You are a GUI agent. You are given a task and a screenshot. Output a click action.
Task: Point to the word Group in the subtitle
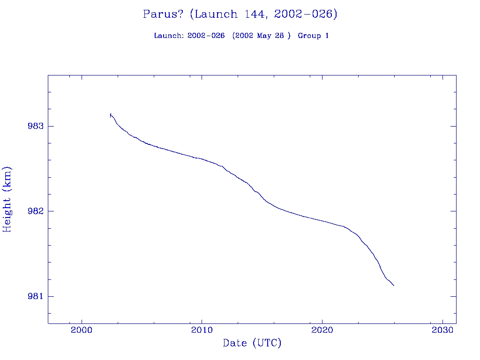pos(307,36)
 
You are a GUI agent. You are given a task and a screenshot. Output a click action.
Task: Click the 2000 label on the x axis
pos(82,330)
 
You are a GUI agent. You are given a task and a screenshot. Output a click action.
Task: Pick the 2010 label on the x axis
pos(202,330)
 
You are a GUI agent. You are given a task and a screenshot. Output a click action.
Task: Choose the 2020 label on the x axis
pos(322,330)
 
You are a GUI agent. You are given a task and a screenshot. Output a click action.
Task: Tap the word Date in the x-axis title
pos(235,343)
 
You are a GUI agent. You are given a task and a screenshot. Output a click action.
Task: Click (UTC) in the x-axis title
pos(267,343)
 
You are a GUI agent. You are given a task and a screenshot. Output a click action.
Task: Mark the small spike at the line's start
pos(110,114)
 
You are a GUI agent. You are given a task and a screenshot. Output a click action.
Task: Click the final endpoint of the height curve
pos(394,285)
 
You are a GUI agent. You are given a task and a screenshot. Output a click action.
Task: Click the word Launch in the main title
pos(216,14)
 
